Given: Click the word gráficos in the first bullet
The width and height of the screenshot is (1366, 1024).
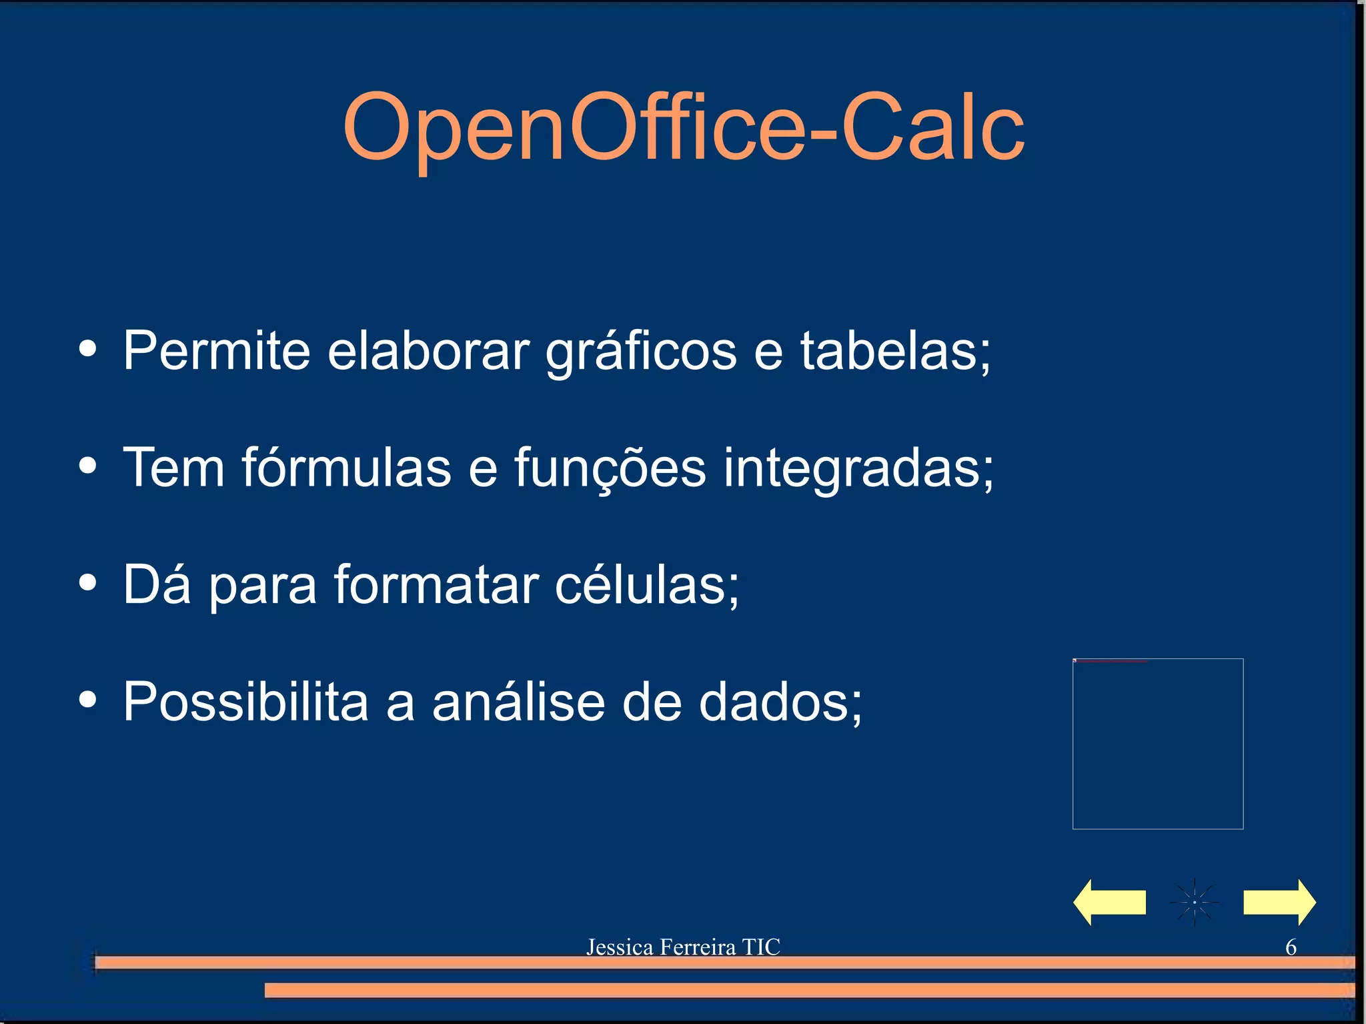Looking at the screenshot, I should click(641, 352).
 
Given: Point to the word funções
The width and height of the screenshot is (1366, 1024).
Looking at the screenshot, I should click(610, 468).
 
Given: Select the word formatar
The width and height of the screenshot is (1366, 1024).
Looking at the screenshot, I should click(436, 584).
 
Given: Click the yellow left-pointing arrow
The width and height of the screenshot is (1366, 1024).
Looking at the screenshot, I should click(1109, 902).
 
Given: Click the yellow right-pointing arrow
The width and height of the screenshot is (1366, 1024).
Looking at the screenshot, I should click(1279, 902).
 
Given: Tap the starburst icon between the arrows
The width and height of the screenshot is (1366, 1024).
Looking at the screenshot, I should click(1194, 902).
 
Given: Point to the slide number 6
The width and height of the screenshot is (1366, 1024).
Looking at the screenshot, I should click(1291, 947).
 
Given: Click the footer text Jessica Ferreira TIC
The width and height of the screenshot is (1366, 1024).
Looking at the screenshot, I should click(683, 947).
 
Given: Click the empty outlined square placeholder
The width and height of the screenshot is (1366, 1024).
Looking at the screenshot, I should click(1157, 744).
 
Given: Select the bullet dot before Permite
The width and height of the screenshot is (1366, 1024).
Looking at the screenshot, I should click(87, 349).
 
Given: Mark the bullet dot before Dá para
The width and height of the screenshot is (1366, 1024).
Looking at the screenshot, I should click(87, 582).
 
